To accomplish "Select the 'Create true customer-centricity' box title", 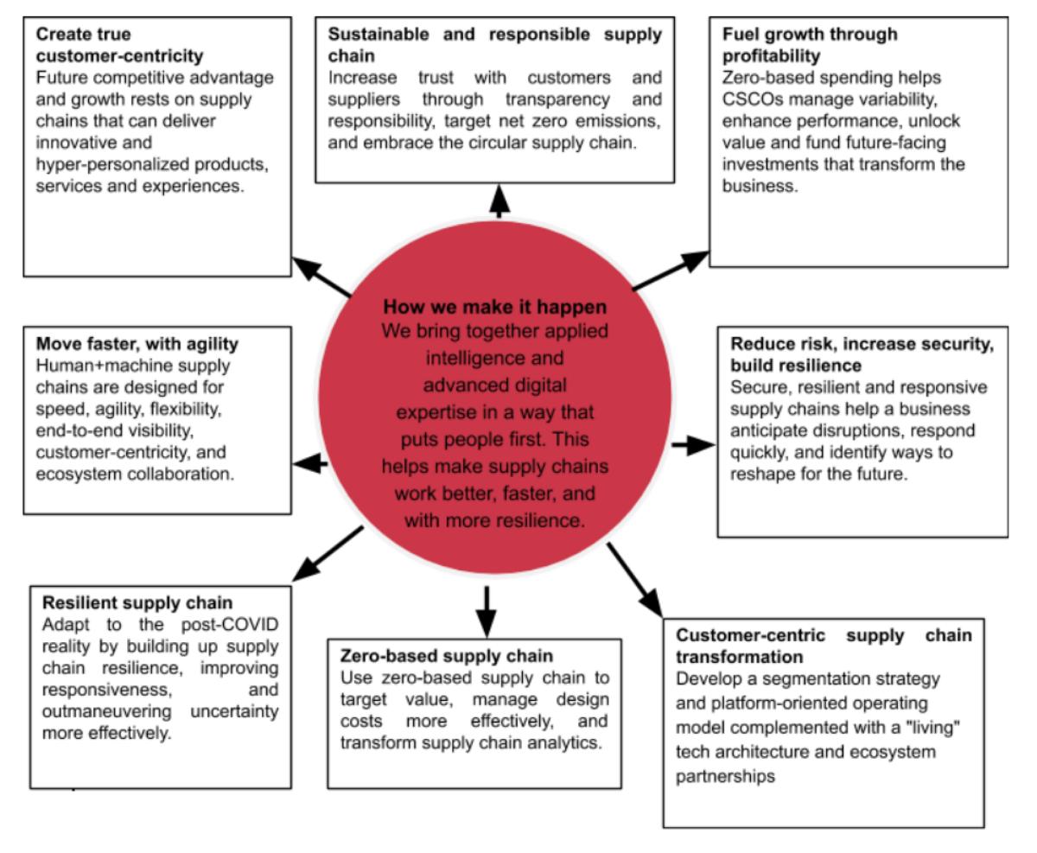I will (119, 46).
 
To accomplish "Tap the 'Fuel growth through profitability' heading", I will (811, 45).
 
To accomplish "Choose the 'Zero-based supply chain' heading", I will (447, 656).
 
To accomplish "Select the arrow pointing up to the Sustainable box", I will (499, 201).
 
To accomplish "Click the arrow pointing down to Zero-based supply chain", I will (487, 611).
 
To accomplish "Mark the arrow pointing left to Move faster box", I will (310, 464).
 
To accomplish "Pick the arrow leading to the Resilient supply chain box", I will (328, 554).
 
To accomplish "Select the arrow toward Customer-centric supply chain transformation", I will (635, 578).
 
